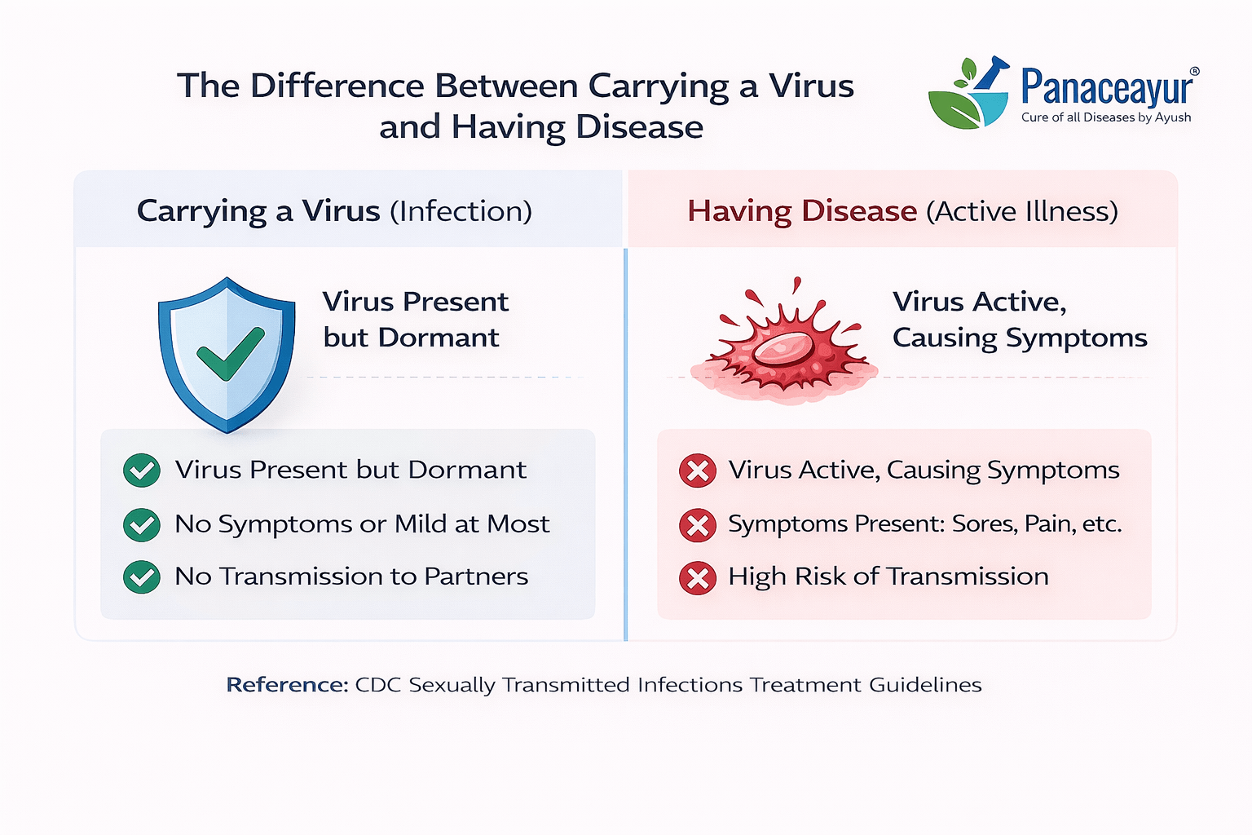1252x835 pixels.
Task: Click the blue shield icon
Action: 227,355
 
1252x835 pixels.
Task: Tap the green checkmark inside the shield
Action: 231,354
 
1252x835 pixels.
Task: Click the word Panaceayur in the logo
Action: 1107,86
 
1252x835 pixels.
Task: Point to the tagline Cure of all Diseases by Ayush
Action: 1105,117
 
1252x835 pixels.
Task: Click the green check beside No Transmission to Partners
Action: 142,577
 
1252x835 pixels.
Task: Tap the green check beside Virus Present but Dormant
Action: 142,471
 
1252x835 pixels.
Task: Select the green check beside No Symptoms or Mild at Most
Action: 142,524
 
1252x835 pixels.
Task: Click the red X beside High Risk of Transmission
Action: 698,578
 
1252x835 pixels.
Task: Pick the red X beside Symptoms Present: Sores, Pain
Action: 698,525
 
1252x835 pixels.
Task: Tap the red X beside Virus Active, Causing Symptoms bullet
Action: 698,471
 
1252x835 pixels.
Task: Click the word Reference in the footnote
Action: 287,685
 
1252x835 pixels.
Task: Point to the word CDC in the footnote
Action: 378,685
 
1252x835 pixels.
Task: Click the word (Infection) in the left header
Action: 461,211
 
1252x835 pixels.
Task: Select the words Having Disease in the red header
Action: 802,211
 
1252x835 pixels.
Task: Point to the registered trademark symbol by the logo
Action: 1194,72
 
